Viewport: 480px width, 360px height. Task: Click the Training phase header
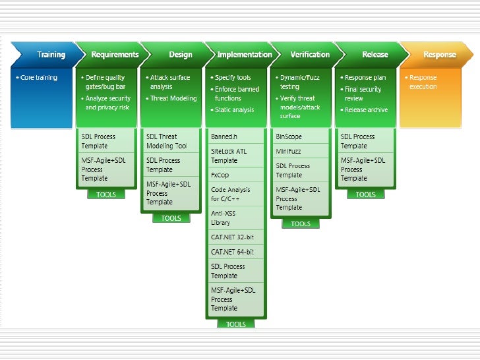pos(51,55)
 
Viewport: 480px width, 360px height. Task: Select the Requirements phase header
pos(115,55)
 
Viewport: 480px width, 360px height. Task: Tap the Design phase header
pos(180,55)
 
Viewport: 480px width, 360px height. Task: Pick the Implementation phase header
pos(244,55)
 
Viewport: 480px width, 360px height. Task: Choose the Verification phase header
pos(310,55)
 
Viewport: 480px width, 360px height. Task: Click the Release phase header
pos(375,55)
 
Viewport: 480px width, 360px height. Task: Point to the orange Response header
pos(438,55)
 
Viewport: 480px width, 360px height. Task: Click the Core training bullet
pos(38,78)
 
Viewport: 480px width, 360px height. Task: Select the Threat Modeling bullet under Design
pos(173,98)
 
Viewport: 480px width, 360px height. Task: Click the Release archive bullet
pos(366,110)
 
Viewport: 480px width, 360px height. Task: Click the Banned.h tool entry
pos(224,136)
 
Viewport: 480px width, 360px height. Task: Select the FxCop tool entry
pos(220,175)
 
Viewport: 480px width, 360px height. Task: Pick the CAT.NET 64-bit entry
pos(232,252)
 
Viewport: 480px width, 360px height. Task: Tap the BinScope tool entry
pos(289,136)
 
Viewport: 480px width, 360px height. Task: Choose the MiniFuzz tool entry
pos(289,152)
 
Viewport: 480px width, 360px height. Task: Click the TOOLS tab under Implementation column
pos(236,324)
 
